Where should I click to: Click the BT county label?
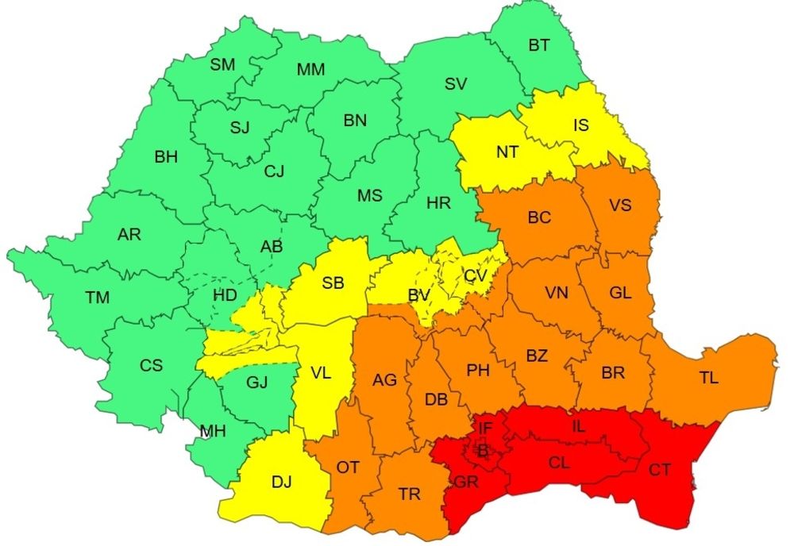pyautogui.click(x=539, y=45)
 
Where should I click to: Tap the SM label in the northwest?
pyautogui.click(x=222, y=65)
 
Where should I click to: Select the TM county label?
pyautogui.click(x=98, y=298)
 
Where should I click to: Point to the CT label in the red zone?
pyautogui.click(x=660, y=470)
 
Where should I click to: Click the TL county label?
pyautogui.click(x=708, y=379)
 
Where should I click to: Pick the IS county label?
pyautogui.click(x=581, y=125)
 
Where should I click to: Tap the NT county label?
pyautogui.click(x=507, y=152)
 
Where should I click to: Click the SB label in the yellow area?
pyautogui.click(x=333, y=283)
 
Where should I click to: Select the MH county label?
pyautogui.click(x=213, y=432)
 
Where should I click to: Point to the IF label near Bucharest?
pyautogui.click(x=484, y=429)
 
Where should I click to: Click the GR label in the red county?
pyautogui.click(x=465, y=482)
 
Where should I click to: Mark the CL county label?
pyautogui.click(x=559, y=461)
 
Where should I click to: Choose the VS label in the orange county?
pyautogui.click(x=620, y=205)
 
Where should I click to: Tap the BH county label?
pyautogui.click(x=166, y=157)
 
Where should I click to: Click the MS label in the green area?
pyautogui.click(x=369, y=195)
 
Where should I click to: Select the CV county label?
pyautogui.click(x=476, y=275)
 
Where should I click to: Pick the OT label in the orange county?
pyautogui.click(x=348, y=467)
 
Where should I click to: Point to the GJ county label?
pyautogui.click(x=256, y=383)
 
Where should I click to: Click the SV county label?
pyautogui.click(x=456, y=83)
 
